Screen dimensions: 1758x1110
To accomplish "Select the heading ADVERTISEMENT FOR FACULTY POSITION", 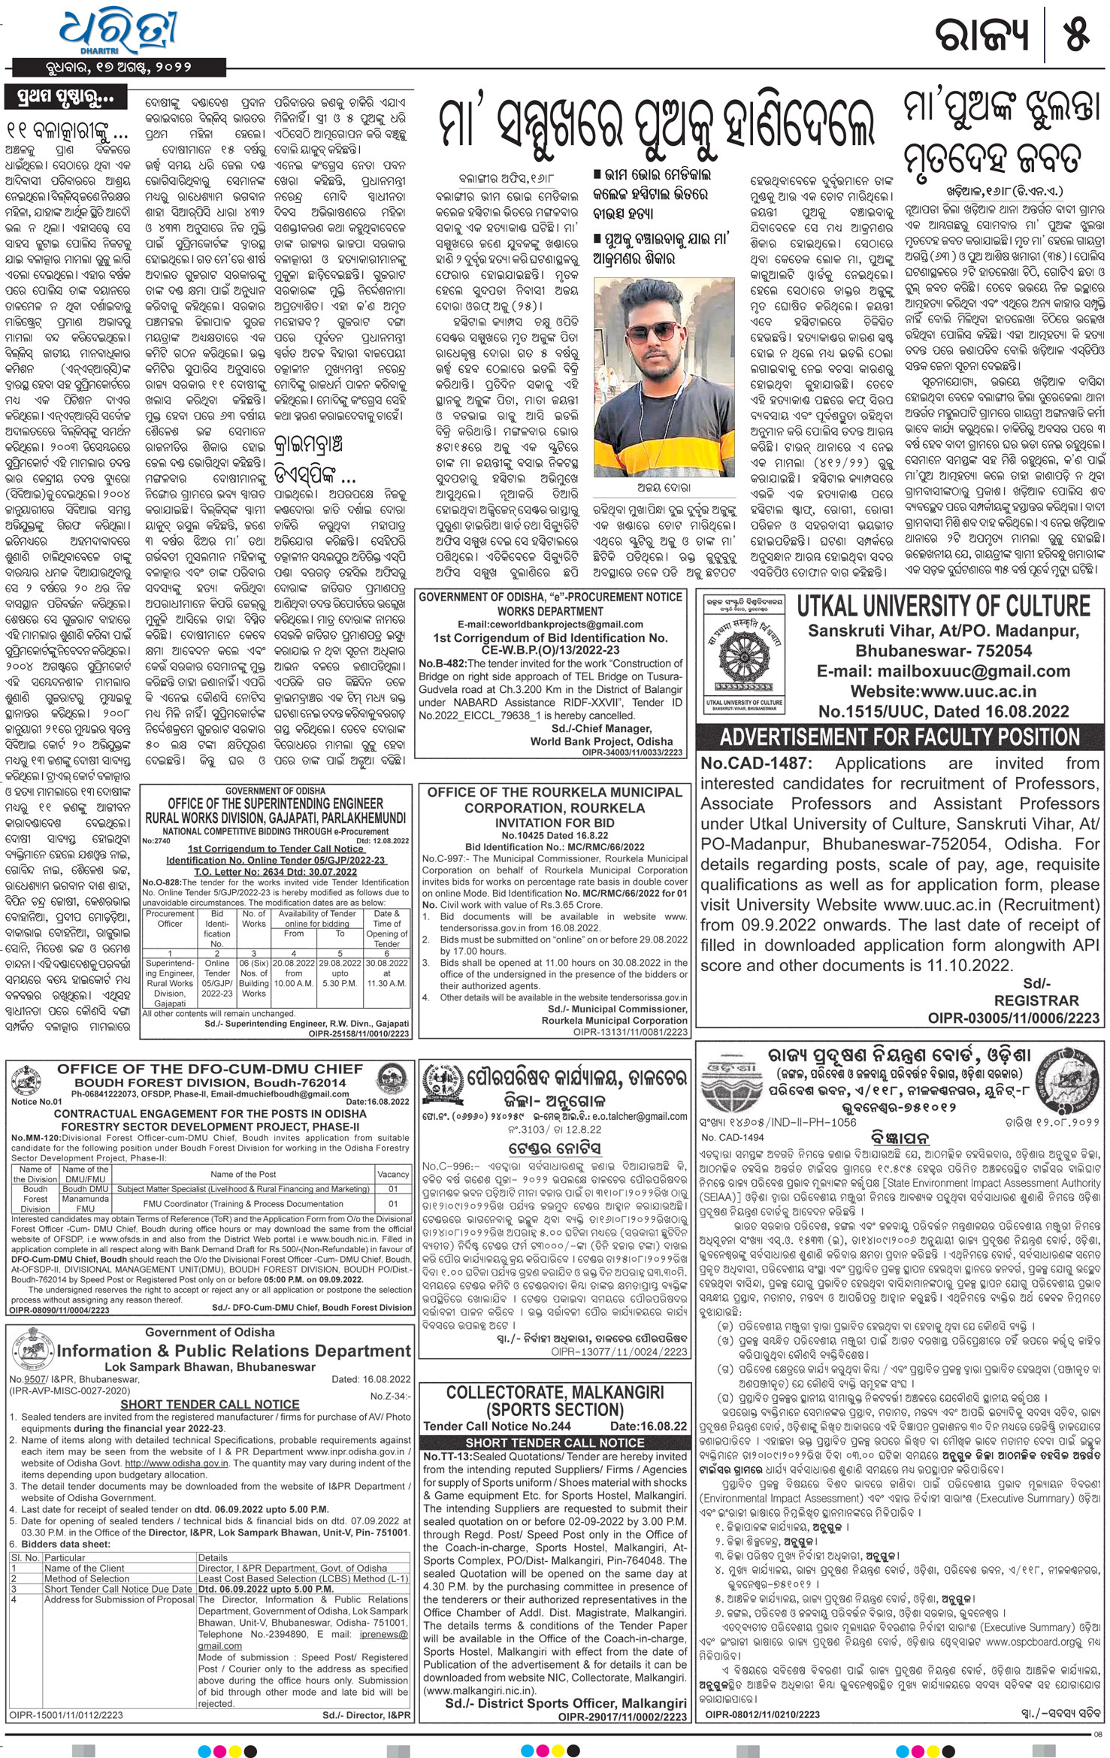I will pyautogui.click(x=900, y=736).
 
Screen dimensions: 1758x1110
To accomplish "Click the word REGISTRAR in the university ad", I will pyautogui.click(x=1036, y=1001).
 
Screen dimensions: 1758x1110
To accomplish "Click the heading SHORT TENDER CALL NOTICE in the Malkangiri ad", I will pyautogui.click(x=555, y=1442).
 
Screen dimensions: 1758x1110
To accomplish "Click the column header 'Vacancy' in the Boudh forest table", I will pyautogui.click(x=393, y=1175).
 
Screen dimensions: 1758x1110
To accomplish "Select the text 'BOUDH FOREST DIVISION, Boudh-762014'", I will pyautogui.click(x=209, y=1083).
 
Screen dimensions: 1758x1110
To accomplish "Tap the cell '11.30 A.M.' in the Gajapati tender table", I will pyautogui.click(x=387, y=982).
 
